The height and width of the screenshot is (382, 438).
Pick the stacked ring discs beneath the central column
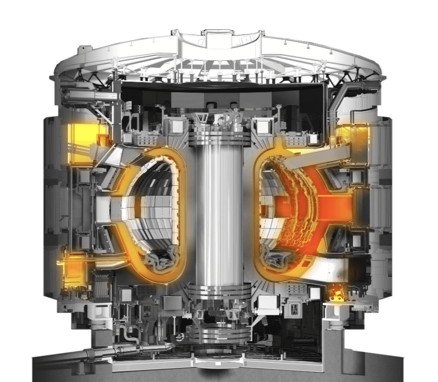219,336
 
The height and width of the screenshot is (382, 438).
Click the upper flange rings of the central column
219,139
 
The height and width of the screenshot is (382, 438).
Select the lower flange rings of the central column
219,292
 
